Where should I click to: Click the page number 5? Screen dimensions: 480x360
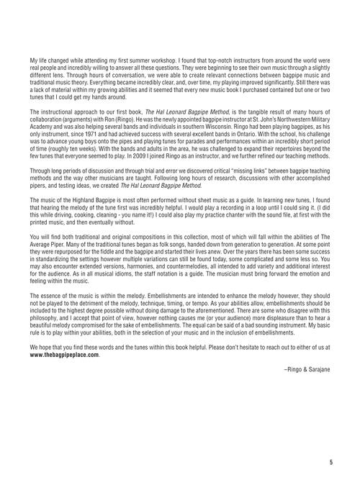point(330,462)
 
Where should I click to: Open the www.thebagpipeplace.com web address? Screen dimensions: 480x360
point(64,355)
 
